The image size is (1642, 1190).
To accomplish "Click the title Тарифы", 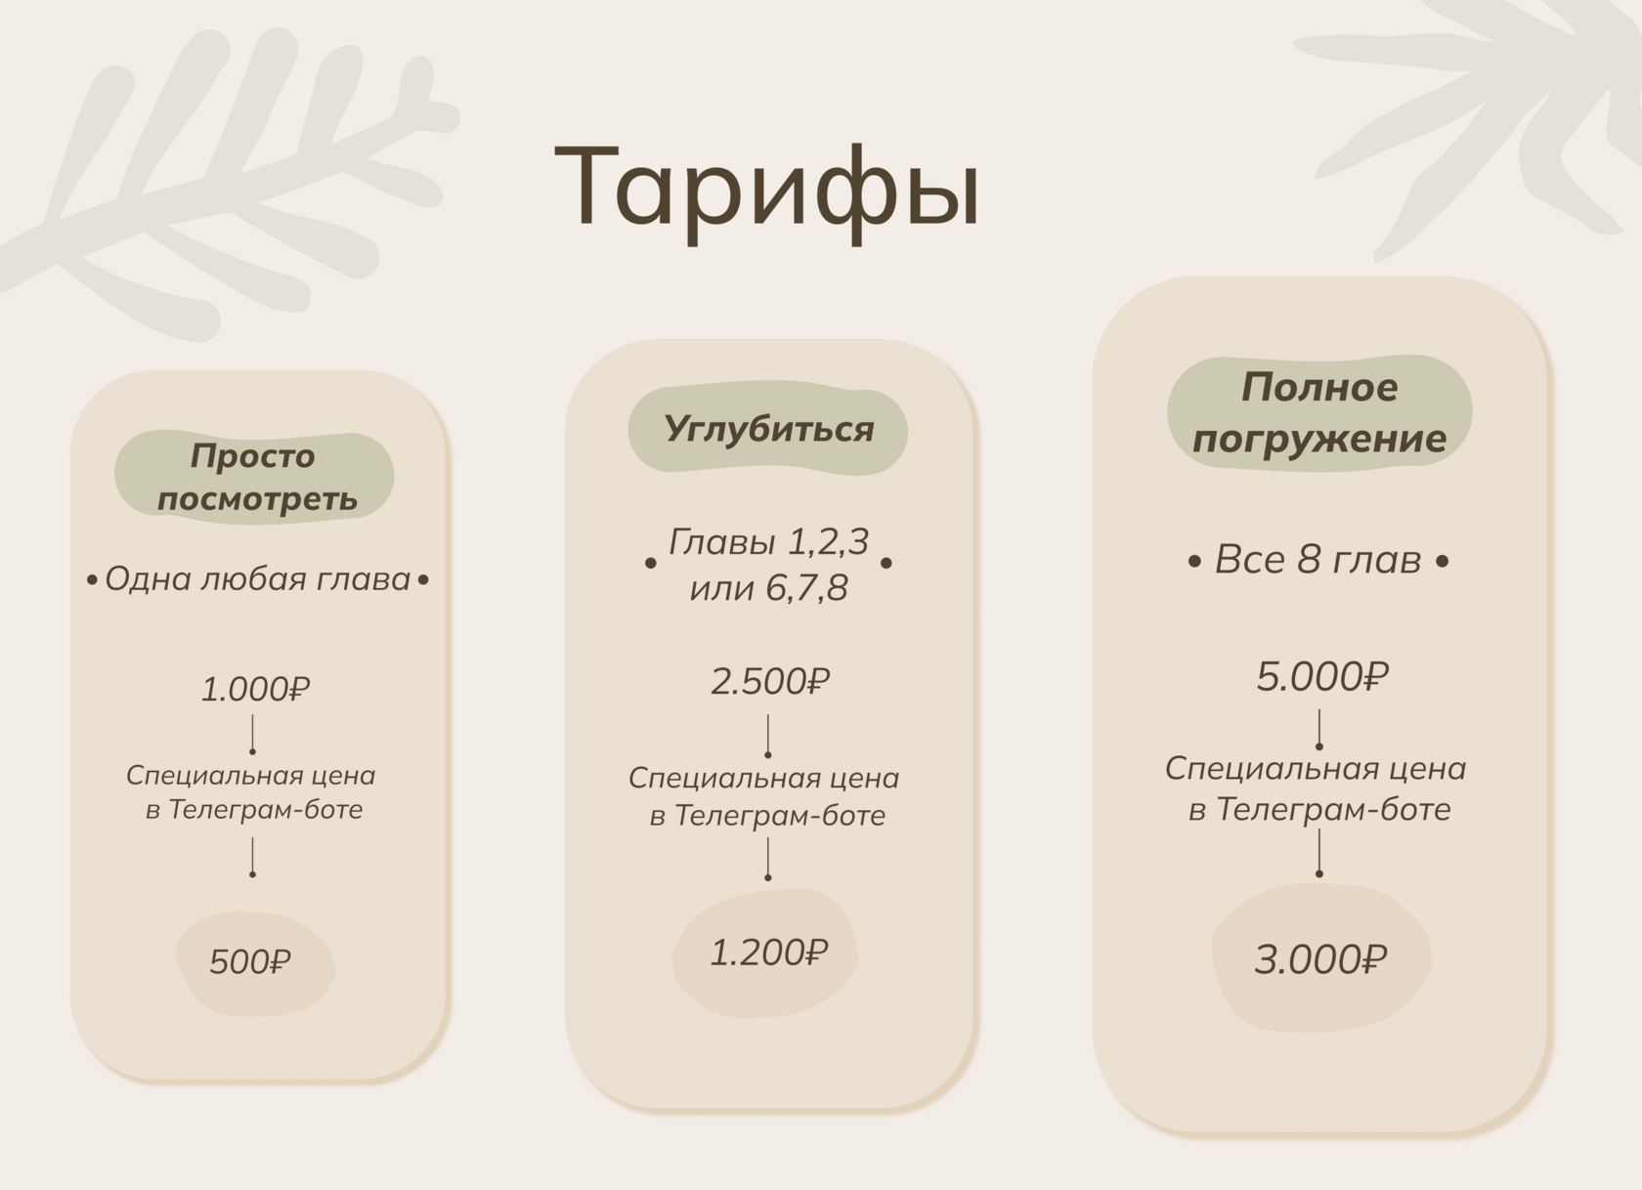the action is click(x=766, y=191).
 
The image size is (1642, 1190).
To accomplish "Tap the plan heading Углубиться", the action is click(x=769, y=430).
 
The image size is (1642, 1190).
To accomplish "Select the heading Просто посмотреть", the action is click(x=256, y=477).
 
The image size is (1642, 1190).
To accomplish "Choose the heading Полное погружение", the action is click(x=1319, y=413).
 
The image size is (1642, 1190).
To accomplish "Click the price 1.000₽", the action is click(x=256, y=690).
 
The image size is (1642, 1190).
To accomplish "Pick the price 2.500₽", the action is click(x=770, y=682).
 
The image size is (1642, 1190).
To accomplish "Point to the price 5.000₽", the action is click(x=1322, y=676).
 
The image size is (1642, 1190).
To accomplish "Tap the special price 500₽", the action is click(x=250, y=962).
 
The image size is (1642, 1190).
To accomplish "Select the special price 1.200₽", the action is click(x=769, y=954).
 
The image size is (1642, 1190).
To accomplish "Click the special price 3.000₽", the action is click(x=1321, y=959).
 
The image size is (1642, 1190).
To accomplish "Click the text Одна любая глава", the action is click(x=257, y=579).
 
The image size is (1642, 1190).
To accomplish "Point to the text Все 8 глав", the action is click(x=1318, y=561).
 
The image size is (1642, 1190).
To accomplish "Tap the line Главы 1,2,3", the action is click(x=768, y=543).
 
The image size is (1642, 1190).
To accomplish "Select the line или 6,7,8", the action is click(x=769, y=588).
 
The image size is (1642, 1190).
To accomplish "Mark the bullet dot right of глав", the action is click(x=1442, y=562).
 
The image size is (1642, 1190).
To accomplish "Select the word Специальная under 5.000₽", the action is click(x=1253, y=770).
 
